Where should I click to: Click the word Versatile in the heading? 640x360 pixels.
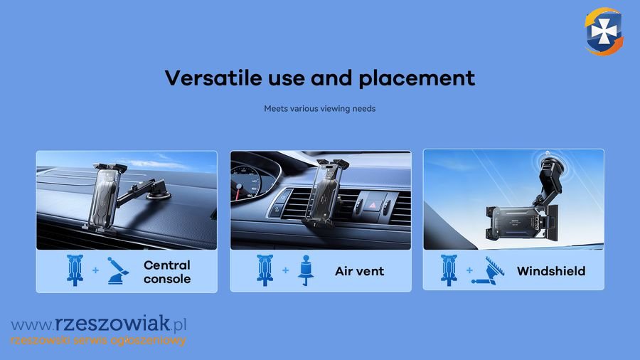point(213,78)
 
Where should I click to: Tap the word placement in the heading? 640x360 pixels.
point(417,79)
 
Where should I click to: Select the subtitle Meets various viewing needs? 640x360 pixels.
point(319,109)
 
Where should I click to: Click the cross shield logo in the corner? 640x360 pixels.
point(604,31)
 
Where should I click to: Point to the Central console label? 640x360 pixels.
point(167,272)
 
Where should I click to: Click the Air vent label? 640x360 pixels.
point(359,271)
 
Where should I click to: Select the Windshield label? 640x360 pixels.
point(551,271)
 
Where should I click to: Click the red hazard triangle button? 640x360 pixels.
point(373,205)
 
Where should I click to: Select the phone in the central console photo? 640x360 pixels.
point(105,198)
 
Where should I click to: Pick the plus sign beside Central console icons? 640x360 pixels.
point(95,270)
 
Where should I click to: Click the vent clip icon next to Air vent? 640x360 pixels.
point(306,270)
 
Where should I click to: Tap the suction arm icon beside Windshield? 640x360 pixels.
point(488,270)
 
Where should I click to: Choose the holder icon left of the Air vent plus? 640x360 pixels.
point(265,270)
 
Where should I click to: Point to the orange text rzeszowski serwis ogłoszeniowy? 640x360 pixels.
point(98,340)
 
